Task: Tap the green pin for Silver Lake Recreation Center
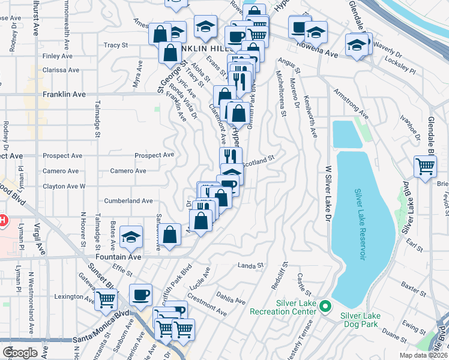coord(325,307)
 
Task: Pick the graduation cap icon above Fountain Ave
coord(131,236)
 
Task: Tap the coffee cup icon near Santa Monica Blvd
coord(141,295)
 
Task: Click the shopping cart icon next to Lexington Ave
coord(106,298)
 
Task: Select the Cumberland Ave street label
coord(128,201)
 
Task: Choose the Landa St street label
coord(250,265)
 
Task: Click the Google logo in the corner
coord(20,352)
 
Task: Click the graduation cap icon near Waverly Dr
coord(357,44)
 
